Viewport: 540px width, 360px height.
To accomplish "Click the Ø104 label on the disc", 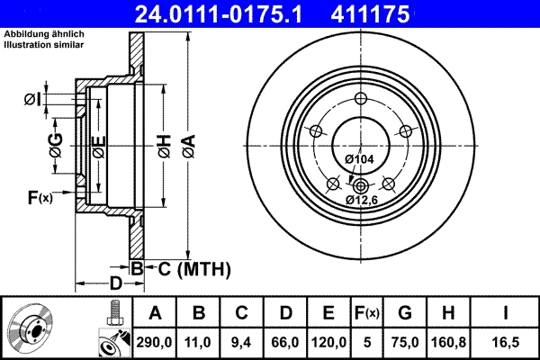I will (359, 159).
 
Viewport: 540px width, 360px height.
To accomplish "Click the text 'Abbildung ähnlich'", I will (44, 33).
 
